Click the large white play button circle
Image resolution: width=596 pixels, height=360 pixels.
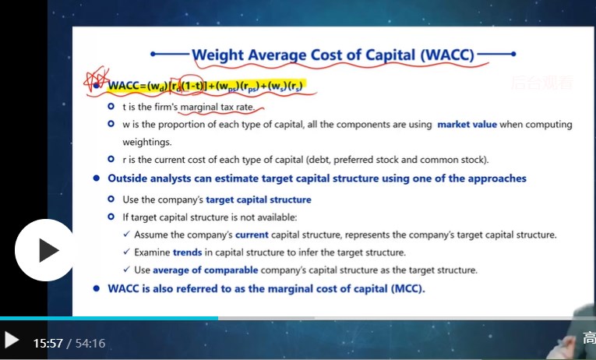click(45, 250)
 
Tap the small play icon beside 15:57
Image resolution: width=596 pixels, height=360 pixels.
click(12, 340)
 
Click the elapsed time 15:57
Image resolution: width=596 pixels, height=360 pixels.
click(48, 344)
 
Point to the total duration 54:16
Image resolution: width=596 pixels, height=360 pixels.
click(90, 344)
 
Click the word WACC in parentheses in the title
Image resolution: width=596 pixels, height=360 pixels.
click(447, 55)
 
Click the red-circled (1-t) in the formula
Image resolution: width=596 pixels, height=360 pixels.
click(192, 86)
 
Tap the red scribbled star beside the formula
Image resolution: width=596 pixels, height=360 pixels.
click(96, 79)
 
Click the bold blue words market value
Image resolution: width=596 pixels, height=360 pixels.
click(467, 125)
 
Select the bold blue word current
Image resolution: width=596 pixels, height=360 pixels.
click(252, 235)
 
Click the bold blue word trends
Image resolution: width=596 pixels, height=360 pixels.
click(187, 252)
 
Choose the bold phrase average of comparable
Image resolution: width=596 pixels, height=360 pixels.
click(205, 270)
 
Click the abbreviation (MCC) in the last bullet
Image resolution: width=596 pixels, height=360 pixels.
click(407, 288)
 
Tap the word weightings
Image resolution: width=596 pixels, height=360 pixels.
click(147, 142)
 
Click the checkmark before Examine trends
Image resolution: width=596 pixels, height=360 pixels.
click(126, 252)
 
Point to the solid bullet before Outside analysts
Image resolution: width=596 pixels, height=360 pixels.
click(96, 178)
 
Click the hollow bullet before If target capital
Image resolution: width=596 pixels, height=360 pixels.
click(111, 217)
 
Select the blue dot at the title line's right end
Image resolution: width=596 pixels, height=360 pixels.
click(513, 54)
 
